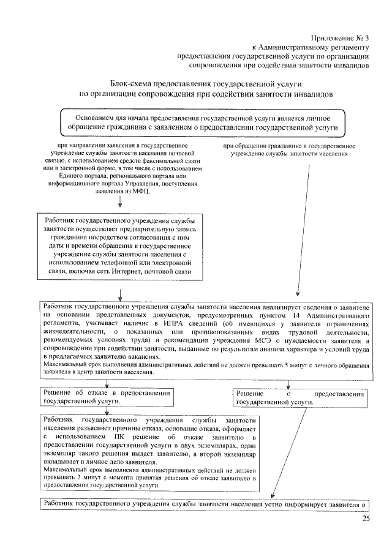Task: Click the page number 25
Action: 366,520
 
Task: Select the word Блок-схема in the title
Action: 132,84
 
